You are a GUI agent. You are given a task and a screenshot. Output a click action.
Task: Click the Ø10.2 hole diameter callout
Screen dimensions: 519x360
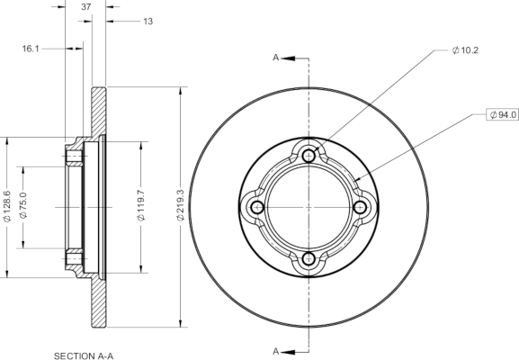pyautogui.click(x=465, y=50)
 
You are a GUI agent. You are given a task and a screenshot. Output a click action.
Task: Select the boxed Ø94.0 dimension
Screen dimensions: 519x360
pyautogui.click(x=503, y=114)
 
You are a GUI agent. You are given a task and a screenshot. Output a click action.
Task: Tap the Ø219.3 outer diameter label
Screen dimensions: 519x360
pyautogui.click(x=180, y=205)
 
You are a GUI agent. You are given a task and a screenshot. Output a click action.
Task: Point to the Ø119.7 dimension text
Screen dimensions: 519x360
pyautogui.click(x=141, y=205)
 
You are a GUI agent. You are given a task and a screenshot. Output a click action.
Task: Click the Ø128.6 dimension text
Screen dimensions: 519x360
pyautogui.click(x=7, y=206)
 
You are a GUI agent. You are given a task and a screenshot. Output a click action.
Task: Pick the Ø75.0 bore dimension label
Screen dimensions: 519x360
pyautogui.click(x=23, y=205)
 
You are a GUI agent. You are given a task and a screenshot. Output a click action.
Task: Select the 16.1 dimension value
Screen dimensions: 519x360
pyautogui.click(x=31, y=49)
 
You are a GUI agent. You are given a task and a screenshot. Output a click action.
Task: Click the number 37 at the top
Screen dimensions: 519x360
pyautogui.click(x=86, y=6)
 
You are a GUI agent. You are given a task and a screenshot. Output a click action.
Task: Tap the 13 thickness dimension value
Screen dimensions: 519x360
pyautogui.click(x=148, y=22)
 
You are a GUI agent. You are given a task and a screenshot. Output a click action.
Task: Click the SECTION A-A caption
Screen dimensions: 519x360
pyautogui.click(x=84, y=356)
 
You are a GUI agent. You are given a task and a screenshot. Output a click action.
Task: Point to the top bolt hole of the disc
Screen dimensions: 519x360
pyautogui.click(x=309, y=156)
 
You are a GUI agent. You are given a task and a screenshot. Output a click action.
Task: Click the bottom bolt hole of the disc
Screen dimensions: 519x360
pyautogui.click(x=309, y=258)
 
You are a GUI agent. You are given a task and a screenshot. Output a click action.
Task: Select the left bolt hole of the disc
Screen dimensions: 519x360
pyautogui.click(x=257, y=208)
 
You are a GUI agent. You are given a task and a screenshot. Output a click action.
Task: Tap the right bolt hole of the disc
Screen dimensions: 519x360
pyautogui.click(x=360, y=208)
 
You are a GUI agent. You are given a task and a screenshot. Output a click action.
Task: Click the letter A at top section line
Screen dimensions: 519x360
pyautogui.click(x=276, y=58)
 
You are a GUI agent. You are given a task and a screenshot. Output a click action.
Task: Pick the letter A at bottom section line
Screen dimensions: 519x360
pyautogui.click(x=276, y=351)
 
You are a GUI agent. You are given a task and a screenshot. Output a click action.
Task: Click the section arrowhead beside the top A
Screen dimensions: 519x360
pyautogui.click(x=288, y=58)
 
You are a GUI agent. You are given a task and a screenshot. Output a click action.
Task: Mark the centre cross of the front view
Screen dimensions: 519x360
pyautogui.click(x=309, y=207)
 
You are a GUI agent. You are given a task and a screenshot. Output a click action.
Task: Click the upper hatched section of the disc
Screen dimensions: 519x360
pyautogui.click(x=98, y=112)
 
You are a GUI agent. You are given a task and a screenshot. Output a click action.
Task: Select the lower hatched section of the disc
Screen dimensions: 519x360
pyautogui.click(x=98, y=301)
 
